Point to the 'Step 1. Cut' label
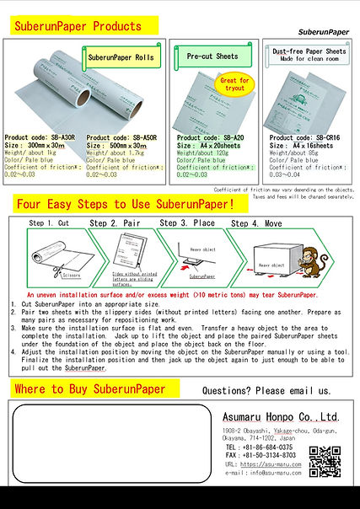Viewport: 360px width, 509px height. (x=49, y=223)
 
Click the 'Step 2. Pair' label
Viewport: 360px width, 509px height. (x=116, y=223)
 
